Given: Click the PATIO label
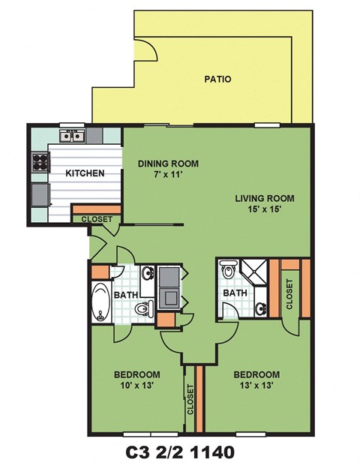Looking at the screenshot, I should coord(217,79).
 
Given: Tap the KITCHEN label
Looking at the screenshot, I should coord(85,173).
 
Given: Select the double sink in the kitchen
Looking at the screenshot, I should coord(73,136).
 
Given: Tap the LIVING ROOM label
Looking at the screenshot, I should coord(264,198).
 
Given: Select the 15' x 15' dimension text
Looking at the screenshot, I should coord(264,210).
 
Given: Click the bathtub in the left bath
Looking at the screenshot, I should coord(100,303).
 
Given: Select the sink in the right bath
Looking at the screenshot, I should coord(260,306).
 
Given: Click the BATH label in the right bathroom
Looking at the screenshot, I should coord(235,293).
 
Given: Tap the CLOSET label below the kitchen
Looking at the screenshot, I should coord(96,219).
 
